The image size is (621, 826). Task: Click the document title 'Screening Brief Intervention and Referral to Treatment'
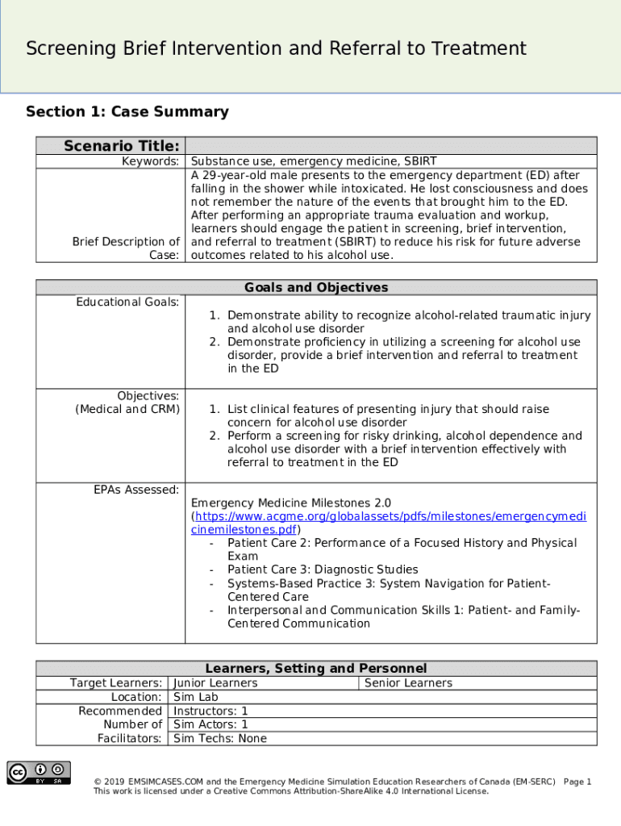click(276, 49)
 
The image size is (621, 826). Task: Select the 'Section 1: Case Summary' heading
click(127, 112)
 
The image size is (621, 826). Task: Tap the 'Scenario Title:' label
click(122, 146)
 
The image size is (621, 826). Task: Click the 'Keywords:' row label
click(150, 161)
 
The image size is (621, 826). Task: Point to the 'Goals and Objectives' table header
click(316, 288)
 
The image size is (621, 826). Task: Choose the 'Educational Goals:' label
click(127, 302)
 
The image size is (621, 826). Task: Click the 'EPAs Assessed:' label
click(136, 490)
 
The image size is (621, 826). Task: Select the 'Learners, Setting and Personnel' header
click(316, 669)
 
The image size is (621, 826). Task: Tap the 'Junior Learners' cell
click(216, 683)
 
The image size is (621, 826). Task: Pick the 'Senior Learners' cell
click(409, 683)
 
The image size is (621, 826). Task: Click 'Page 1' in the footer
click(577, 782)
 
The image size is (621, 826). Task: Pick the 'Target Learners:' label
click(116, 683)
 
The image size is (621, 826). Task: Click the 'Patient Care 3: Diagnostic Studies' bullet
click(323, 569)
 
